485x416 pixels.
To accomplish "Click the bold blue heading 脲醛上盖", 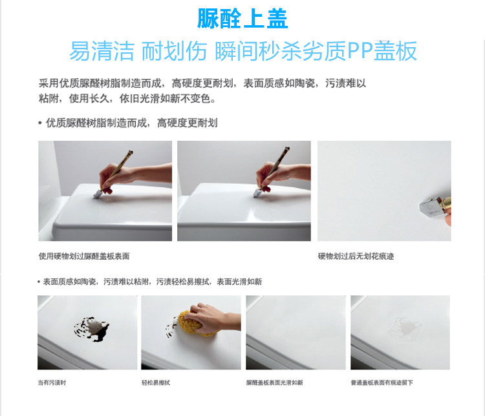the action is pos(242,19).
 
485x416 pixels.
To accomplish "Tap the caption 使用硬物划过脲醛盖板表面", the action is pos(84,256).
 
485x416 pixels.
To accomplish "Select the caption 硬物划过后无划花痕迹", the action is pos(356,256).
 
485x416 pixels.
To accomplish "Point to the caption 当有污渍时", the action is pos(52,382).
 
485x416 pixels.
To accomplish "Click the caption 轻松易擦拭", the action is pos(156,382).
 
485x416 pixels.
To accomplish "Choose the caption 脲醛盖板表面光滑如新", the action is pos(274,382).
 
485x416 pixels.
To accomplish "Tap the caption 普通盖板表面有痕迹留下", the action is pos(382,382).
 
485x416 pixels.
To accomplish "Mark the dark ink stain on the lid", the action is pos(92,329).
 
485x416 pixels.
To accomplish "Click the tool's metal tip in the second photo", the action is pos(257,194).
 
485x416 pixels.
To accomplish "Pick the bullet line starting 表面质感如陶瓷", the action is pos(150,282).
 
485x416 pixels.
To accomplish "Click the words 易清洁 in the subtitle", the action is pos(102,50).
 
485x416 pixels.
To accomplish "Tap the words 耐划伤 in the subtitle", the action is pos(174,50).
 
